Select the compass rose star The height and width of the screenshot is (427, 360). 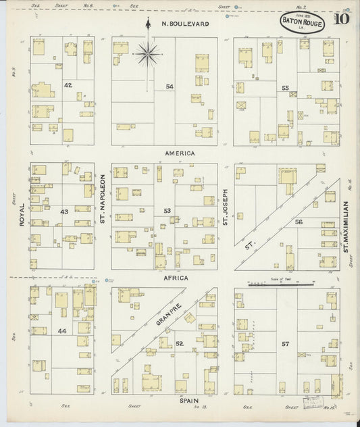coord(148,52)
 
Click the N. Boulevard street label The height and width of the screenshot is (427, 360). coord(184,24)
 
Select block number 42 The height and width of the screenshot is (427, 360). coord(68,86)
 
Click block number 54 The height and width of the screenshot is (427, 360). coord(169,86)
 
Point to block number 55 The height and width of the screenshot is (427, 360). coord(286,88)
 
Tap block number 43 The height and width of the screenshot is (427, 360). coord(64,212)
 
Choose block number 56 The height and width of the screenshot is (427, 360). coord(299,222)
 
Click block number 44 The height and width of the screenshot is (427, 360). coord(62,331)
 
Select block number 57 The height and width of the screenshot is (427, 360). coord(286,344)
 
